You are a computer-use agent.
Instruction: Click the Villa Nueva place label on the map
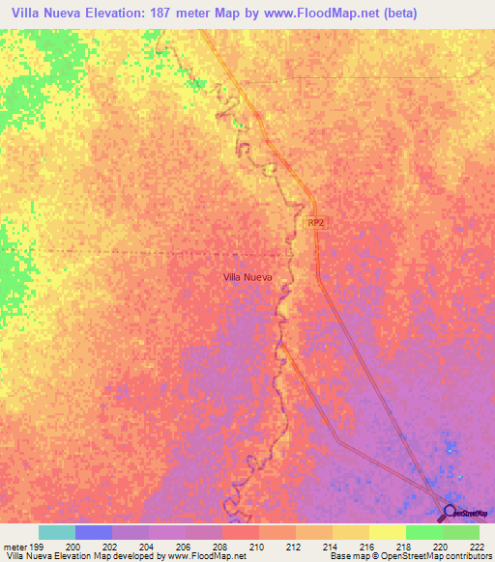(x=247, y=276)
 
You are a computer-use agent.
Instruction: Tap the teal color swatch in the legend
(x=57, y=532)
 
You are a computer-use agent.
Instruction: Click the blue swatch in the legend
(x=94, y=532)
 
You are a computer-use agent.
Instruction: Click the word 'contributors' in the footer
(x=468, y=556)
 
